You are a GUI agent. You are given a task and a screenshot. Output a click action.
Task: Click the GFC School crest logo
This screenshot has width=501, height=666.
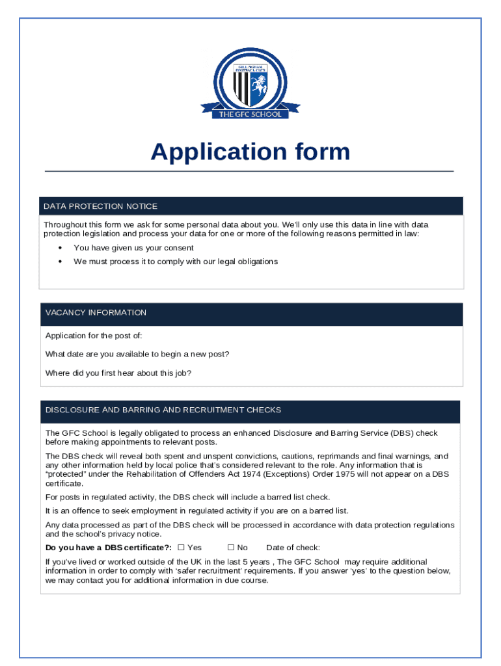[251, 83]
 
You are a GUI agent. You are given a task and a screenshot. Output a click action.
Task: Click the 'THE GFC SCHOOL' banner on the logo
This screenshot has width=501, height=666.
[251, 114]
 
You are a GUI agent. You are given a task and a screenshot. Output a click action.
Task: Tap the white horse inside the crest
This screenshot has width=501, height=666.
[260, 83]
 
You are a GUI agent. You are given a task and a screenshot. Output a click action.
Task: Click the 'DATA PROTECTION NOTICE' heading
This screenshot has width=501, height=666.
[100, 206]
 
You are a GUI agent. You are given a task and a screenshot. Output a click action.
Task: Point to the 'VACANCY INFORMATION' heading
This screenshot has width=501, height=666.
[96, 313]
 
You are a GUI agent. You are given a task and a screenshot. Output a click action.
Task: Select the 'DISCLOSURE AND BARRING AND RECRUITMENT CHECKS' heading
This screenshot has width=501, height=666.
[163, 410]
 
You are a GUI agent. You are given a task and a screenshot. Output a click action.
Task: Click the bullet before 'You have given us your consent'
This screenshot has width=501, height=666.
[60, 248]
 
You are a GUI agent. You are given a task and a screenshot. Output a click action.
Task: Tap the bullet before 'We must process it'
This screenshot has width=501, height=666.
[60, 261]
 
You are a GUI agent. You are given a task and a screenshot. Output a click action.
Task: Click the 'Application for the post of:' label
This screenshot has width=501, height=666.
[94, 336]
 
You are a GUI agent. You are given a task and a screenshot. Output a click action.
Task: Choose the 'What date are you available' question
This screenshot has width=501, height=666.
[137, 354]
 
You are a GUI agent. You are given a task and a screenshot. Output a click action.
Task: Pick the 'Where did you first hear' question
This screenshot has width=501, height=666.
[118, 373]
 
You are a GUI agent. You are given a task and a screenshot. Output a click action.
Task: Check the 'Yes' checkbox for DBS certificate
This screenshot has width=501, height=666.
[181, 548]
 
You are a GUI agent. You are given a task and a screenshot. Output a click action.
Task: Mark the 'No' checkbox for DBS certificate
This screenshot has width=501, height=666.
[230, 548]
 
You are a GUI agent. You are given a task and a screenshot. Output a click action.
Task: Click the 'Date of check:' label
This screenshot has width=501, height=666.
[293, 548]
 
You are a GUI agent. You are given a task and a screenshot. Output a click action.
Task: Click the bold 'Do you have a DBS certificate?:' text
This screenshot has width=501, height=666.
[109, 548]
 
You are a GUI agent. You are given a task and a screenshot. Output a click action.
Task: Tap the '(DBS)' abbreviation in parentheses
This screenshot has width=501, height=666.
[401, 433]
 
